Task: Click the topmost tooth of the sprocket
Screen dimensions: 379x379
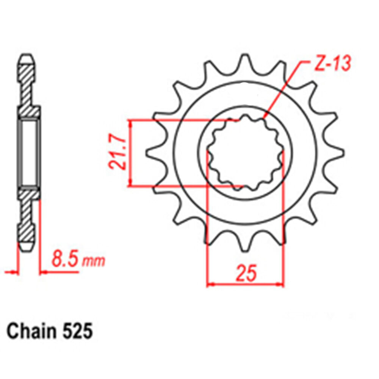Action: click(x=245, y=61)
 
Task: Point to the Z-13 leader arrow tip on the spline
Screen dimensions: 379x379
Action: click(x=264, y=119)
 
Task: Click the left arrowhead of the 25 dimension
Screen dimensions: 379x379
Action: click(x=211, y=284)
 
